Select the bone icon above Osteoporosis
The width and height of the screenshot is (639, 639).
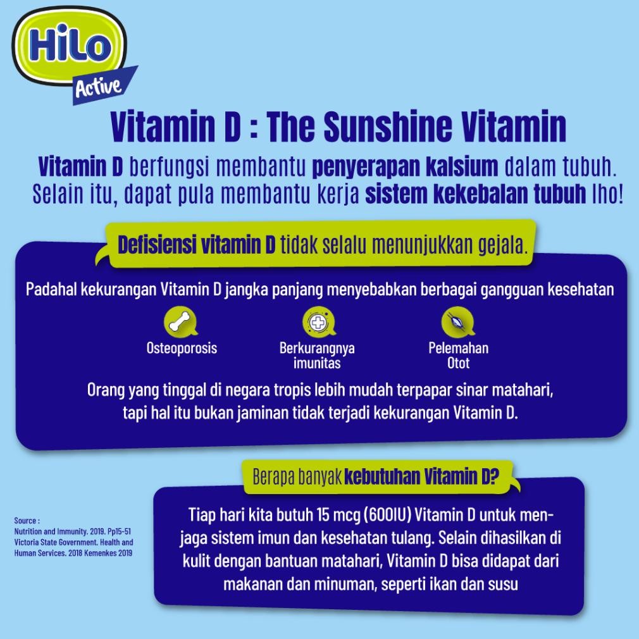[180, 322]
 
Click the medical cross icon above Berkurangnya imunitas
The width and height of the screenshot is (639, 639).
[319, 322]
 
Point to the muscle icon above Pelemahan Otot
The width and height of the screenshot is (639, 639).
[458, 322]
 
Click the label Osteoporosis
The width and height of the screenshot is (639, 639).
[182, 348]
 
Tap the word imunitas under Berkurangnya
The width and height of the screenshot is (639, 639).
[317, 363]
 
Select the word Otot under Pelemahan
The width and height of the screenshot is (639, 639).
[459, 363]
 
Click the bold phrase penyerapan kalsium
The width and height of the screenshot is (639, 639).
[405, 166]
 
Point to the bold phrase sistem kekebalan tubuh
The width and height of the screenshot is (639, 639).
[476, 194]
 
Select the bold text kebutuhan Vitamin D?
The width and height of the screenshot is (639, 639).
[422, 476]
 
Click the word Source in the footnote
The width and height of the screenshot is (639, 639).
[25, 521]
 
